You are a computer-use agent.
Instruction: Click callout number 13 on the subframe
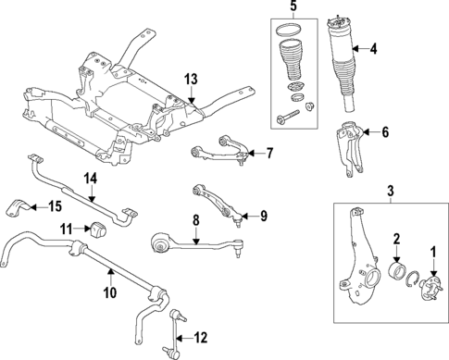190,81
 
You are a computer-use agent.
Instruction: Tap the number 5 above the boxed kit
293,9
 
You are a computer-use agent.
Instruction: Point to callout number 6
386,132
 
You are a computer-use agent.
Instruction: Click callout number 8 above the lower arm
195,222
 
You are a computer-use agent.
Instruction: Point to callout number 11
68,228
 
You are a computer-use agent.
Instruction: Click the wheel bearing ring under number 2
397,273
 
